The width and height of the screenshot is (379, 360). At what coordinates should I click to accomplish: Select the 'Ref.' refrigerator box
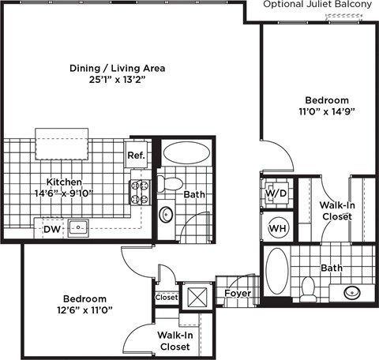[136, 156]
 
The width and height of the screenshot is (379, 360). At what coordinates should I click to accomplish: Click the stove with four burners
[139, 192]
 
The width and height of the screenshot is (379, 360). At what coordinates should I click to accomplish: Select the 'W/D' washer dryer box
[275, 193]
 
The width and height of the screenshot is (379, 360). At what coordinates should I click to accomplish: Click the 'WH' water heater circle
[276, 228]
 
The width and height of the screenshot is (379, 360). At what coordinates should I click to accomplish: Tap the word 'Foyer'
[237, 294]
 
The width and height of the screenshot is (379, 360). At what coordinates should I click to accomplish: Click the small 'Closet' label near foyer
[167, 298]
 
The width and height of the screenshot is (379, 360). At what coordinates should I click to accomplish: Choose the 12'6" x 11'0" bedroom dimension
[84, 310]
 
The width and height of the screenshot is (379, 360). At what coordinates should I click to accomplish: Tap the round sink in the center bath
[167, 214]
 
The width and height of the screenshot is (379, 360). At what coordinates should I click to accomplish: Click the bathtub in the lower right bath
[276, 273]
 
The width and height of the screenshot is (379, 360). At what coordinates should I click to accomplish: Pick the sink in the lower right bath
[351, 293]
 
